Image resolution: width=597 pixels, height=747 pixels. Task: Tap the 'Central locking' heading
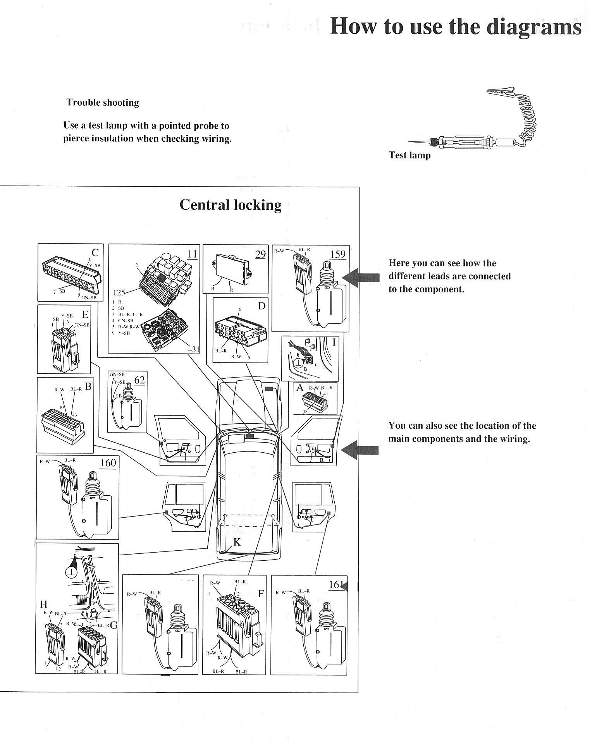(231, 204)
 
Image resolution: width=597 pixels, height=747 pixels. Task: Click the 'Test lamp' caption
(409, 155)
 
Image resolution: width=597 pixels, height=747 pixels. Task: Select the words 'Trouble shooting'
(103, 103)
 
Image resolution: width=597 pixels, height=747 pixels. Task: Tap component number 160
(108, 463)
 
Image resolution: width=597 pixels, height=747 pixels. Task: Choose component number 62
(139, 380)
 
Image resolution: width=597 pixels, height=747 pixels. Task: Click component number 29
(260, 254)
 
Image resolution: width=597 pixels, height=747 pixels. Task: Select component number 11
(192, 254)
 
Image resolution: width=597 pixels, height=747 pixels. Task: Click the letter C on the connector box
(95, 252)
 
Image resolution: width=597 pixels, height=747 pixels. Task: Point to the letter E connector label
(85, 314)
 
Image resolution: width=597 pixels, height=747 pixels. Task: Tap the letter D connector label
(262, 306)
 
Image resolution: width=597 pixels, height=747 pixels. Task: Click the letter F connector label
(261, 593)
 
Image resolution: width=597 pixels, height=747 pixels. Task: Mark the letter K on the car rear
(237, 542)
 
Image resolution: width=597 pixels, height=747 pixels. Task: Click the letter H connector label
(44, 604)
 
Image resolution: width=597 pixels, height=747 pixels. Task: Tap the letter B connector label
(88, 386)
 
